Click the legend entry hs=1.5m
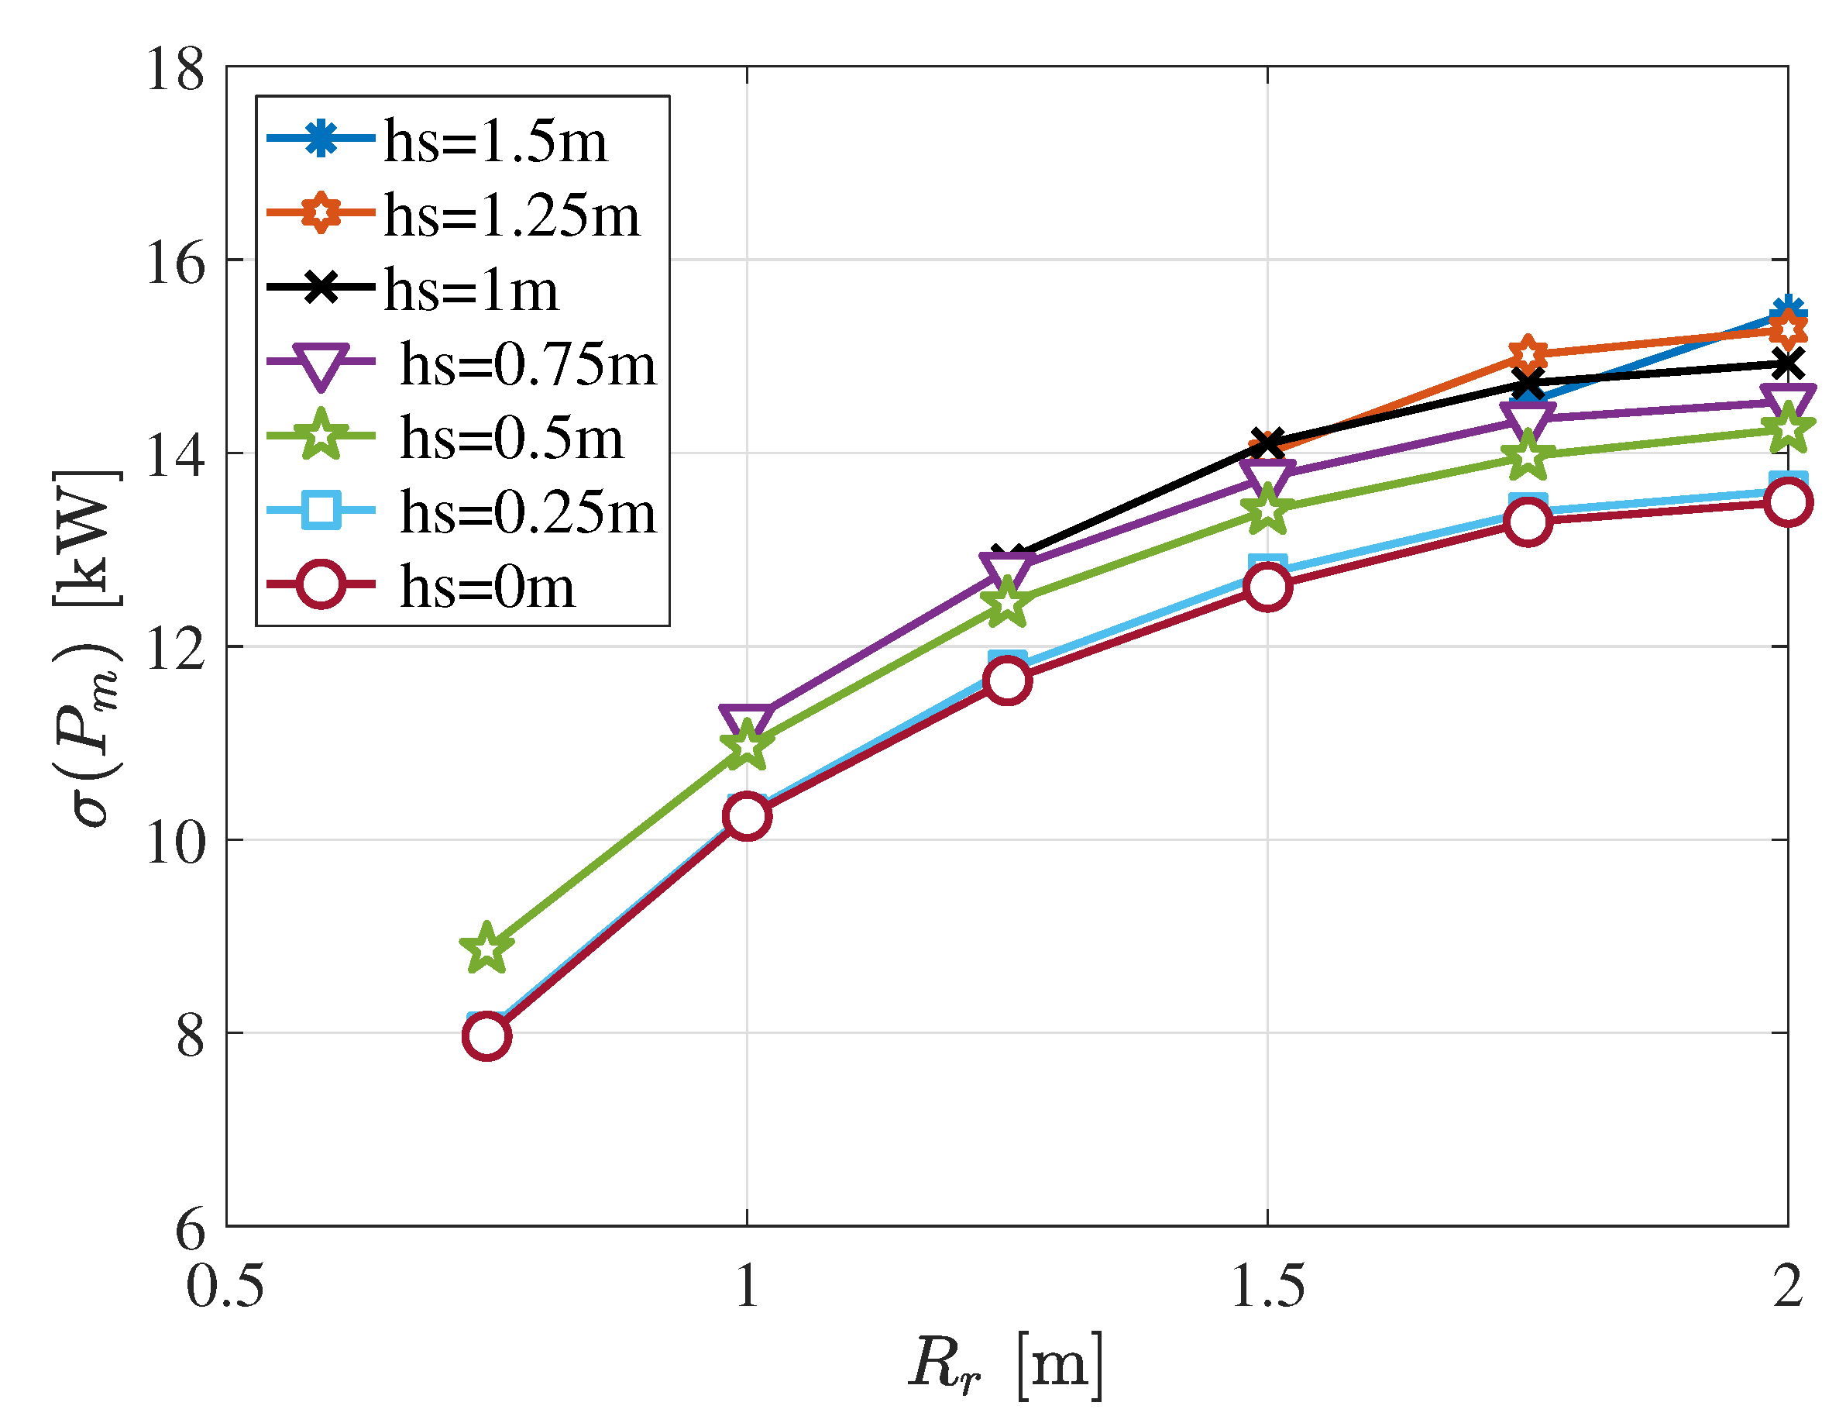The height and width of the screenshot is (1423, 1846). (x=495, y=141)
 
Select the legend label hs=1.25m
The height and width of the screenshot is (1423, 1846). (x=512, y=215)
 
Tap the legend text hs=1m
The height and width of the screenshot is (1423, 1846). (x=472, y=289)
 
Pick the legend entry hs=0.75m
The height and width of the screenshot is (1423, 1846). (x=528, y=364)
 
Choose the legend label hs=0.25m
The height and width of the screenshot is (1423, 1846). (x=528, y=512)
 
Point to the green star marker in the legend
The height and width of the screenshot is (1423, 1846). (x=321, y=437)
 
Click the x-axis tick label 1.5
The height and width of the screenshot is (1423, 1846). (x=1268, y=1287)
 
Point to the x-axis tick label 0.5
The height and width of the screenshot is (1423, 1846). (x=225, y=1287)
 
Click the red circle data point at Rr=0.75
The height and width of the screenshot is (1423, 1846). (x=486, y=1036)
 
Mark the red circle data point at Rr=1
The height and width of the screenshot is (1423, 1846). (x=748, y=816)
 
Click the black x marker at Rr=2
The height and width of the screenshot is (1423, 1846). (x=1787, y=364)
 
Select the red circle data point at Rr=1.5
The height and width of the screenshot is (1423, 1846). (x=1268, y=587)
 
